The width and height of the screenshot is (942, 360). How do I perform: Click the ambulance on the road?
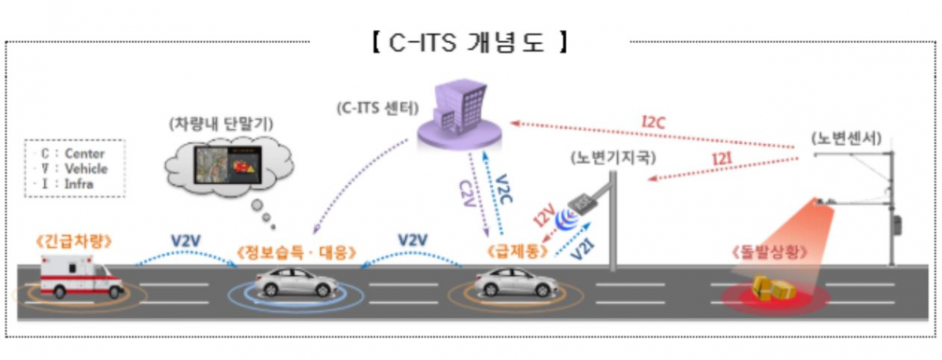tap(81, 280)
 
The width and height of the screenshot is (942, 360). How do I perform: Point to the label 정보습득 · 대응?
tap(295, 253)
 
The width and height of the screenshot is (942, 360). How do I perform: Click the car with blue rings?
tap(295, 283)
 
